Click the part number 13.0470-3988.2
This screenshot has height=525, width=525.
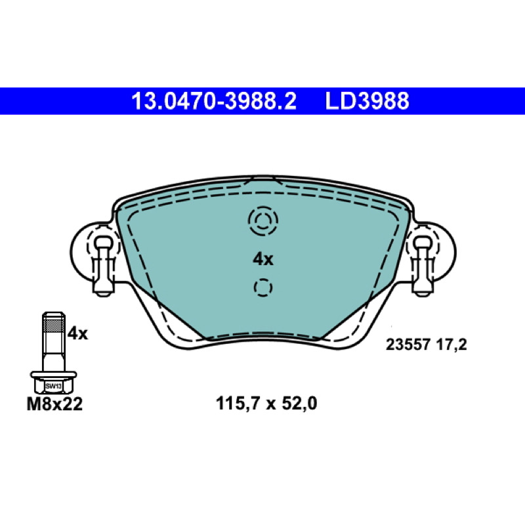(214, 101)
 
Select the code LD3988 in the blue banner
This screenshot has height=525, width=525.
(367, 101)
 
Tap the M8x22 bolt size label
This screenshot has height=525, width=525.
(54, 404)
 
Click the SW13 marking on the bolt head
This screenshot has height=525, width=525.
(54, 386)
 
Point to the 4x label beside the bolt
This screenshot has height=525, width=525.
(77, 333)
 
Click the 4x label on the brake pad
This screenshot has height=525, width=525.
(263, 259)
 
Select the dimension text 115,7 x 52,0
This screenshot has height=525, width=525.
(266, 403)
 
